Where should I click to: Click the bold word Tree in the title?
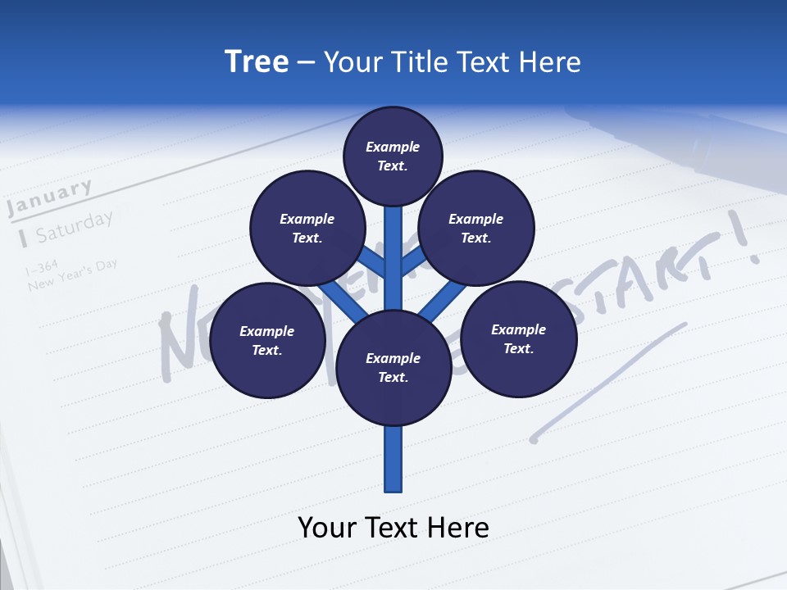coord(257,61)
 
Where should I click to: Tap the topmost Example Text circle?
coord(393,156)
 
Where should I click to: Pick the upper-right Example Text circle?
coord(476,228)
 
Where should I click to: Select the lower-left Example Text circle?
coord(266,340)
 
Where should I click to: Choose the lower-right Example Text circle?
coord(518,338)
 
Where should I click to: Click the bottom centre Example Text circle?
coord(393,367)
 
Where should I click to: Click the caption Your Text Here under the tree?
coord(393,528)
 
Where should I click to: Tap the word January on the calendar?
coord(49,198)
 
